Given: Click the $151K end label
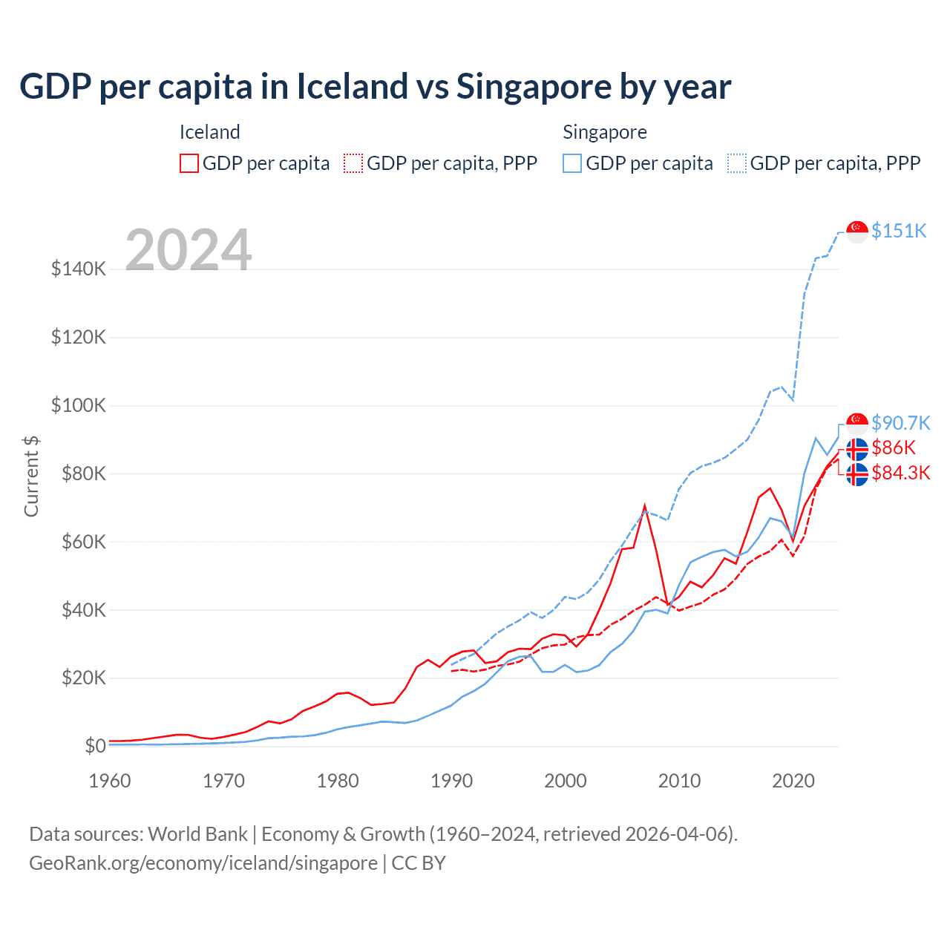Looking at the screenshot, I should pyautogui.click(x=899, y=231).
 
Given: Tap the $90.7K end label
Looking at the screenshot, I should pyautogui.click(x=900, y=423).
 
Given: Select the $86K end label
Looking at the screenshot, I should pyautogui.click(x=894, y=448).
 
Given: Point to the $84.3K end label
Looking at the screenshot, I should pyautogui.click(x=900, y=473).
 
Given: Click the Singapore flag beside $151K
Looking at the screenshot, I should pyautogui.click(x=857, y=232).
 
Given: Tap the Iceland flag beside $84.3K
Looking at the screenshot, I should pyautogui.click(x=857, y=474).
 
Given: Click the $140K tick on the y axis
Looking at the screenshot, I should pyautogui.click(x=79, y=269).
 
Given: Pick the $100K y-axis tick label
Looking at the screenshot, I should pyautogui.click(x=79, y=405).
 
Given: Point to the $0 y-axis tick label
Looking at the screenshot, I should pyautogui.click(x=95, y=746).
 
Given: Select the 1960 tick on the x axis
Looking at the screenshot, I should pyautogui.click(x=110, y=781).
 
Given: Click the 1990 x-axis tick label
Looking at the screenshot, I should pyautogui.click(x=451, y=781).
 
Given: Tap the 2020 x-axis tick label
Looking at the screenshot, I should pyautogui.click(x=793, y=781).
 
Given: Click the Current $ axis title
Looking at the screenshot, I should pyautogui.click(x=31, y=476).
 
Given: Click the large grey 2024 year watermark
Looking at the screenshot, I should pyautogui.click(x=189, y=250).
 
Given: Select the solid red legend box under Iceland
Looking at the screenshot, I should pyautogui.click(x=189, y=163).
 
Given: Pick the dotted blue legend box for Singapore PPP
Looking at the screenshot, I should pyautogui.click(x=737, y=163).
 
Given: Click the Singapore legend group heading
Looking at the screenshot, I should pyautogui.click(x=604, y=132).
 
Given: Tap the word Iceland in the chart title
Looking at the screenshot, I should pyautogui.click(x=352, y=87).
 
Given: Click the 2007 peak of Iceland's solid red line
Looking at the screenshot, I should pyautogui.click(x=645, y=507).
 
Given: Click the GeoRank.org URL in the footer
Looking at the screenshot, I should pyautogui.click(x=203, y=863).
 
